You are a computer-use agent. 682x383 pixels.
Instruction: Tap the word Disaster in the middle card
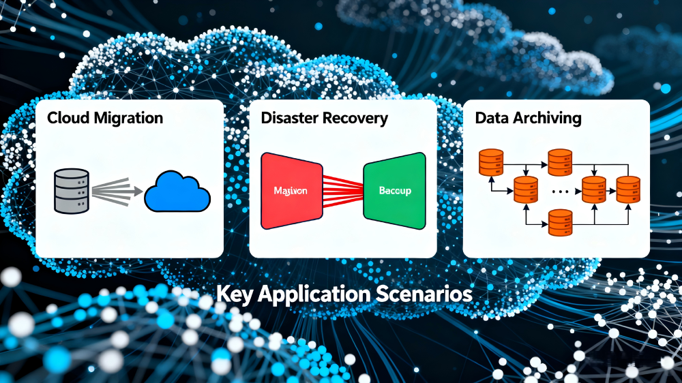point(290,118)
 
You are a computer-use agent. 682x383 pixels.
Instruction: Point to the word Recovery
point(355,118)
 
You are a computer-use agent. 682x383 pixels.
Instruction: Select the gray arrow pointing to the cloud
point(116,190)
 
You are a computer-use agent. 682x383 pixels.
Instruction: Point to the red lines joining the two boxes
point(343,190)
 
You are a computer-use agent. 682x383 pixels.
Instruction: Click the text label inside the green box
point(394,191)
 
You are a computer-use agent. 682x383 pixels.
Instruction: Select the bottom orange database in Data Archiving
point(559,221)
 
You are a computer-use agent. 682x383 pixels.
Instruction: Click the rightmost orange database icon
point(627,189)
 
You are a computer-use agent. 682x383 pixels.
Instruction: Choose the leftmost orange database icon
point(490,162)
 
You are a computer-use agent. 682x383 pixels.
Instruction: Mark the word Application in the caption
point(312,295)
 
